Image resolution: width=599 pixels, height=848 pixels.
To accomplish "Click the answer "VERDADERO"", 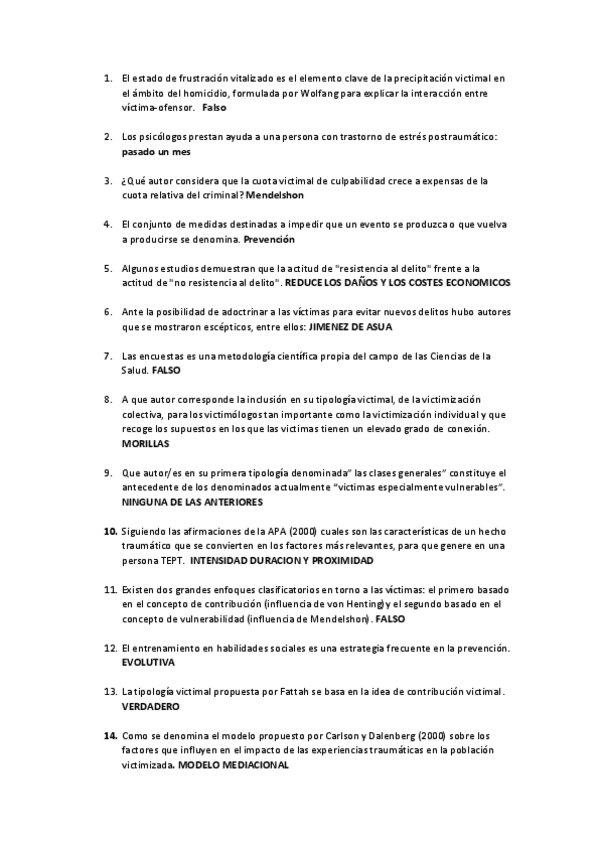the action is [x=150, y=706].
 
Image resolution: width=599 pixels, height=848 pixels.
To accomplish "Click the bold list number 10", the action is [x=110, y=530].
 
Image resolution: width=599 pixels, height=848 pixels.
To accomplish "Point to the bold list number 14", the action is [x=110, y=736].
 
